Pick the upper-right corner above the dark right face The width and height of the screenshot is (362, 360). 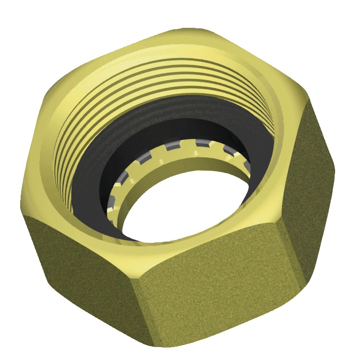307,101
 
